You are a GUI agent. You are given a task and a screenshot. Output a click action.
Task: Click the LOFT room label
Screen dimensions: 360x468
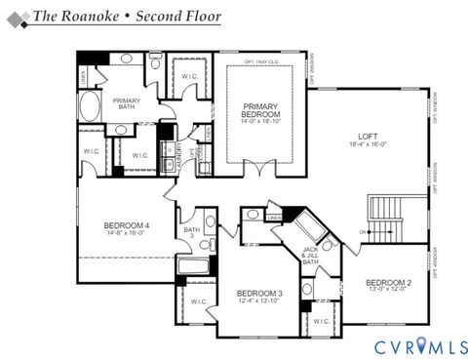point(368,136)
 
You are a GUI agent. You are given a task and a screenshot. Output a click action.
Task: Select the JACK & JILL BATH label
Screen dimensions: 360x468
point(310,256)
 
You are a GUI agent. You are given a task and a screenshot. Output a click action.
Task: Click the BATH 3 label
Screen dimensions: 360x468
point(191,232)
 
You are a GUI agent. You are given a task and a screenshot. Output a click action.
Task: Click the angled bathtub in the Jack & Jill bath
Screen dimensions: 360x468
point(315,227)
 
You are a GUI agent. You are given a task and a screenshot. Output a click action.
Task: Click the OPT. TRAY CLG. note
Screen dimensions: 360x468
point(261,62)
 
